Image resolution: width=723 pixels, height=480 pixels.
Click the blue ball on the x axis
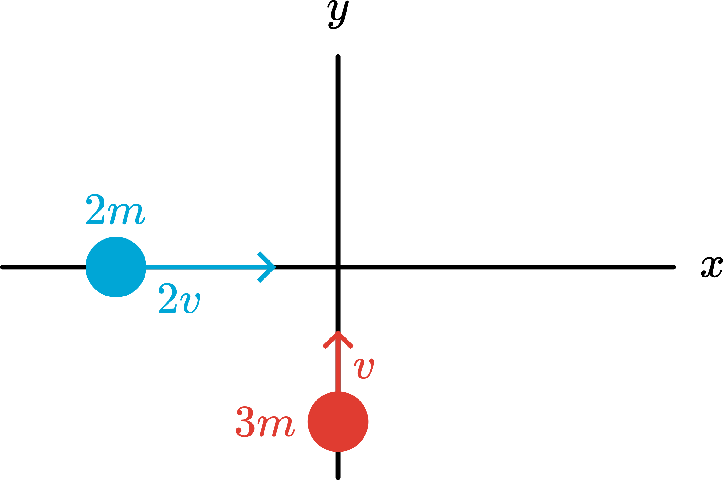[x=116, y=267]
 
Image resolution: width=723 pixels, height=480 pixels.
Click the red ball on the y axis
[x=338, y=422]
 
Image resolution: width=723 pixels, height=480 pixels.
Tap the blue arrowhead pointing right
[x=267, y=267]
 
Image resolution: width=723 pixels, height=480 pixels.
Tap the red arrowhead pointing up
[x=338, y=340]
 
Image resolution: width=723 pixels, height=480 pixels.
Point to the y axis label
[x=338, y=15]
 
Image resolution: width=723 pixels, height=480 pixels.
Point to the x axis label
[x=712, y=267]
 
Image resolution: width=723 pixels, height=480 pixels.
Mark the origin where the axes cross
[x=338, y=267]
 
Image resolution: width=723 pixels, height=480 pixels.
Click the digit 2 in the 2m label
[x=95, y=209]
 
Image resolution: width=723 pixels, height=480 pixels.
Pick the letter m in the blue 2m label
[x=126, y=214]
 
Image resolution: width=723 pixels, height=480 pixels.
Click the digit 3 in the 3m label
[x=245, y=422]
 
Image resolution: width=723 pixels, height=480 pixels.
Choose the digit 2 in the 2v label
[x=168, y=298]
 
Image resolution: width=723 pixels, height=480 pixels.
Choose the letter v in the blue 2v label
[x=190, y=303]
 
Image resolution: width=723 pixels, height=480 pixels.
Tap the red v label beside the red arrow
[x=364, y=369]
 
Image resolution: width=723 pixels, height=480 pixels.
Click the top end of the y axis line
[x=338, y=57]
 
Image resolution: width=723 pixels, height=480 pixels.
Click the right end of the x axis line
[x=673, y=267]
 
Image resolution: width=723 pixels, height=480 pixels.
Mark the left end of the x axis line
[x=3, y=267]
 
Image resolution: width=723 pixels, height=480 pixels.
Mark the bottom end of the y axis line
[x=338, y=477]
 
